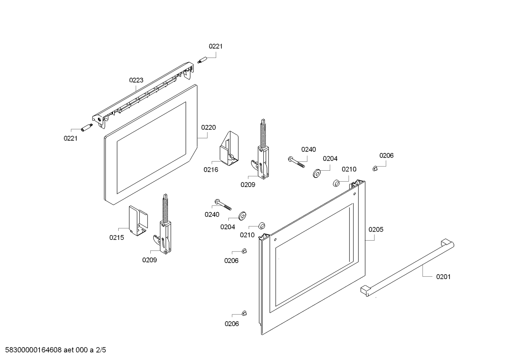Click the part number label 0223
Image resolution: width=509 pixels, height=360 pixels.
(136, 80)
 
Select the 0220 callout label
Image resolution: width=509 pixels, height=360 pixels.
(208, 127)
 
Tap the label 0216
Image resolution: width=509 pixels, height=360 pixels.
(211, 170)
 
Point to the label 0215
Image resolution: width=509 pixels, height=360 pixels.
(116, 238)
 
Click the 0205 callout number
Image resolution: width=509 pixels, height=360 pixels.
(376, 230)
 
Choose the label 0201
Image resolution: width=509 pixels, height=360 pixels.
(443, 277)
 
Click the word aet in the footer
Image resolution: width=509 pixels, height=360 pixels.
(68, 350)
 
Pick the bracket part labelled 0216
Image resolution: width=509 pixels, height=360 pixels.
(229, 148)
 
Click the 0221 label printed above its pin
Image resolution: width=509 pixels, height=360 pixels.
(216, 46)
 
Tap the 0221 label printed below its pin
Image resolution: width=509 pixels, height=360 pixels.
(71, 138)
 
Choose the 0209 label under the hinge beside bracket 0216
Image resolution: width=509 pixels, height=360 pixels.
(248, 184)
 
